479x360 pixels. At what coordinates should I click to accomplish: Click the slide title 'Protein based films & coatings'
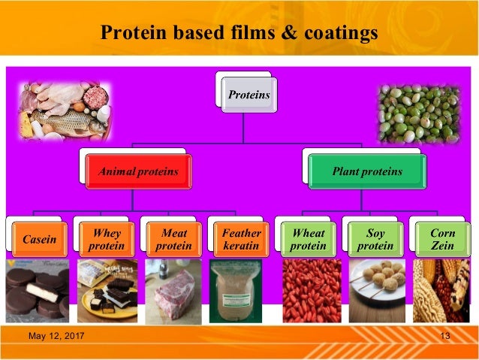pos(239,32)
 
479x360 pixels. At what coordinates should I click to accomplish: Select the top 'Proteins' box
pos(249,95)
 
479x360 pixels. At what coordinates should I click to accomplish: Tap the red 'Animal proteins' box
pos(137,171)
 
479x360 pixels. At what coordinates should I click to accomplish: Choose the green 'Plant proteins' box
pos(366,171)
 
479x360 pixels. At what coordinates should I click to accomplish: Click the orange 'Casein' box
pos(39,239)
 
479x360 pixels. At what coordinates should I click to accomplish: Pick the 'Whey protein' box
pos(107,239)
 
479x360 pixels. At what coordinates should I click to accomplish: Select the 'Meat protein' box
pos(173,239)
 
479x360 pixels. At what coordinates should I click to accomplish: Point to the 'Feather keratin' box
pos(241,239)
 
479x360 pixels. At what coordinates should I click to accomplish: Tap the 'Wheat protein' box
pos(308,239)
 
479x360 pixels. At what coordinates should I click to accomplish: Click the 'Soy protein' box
pos(375,239)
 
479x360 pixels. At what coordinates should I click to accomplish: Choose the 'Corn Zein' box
pos(442,239)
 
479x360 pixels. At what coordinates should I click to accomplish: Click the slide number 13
pos(445,335)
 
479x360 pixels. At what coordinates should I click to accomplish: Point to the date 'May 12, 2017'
pos(56,335)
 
